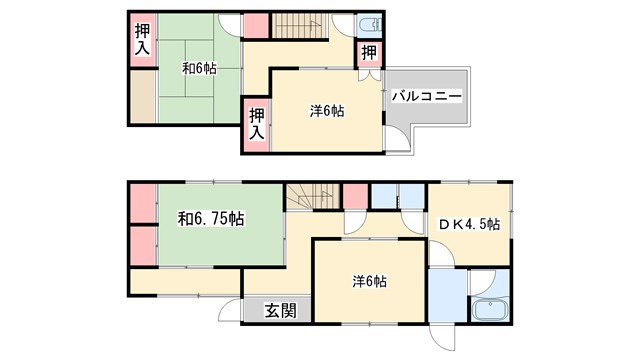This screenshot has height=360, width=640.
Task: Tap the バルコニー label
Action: point(426,97)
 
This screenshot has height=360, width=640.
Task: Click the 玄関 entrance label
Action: point(279,311)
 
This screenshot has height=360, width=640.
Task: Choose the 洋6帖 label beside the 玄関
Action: point(367,281)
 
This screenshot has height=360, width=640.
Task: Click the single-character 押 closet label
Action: point(369,52)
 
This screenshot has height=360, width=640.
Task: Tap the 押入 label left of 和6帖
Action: point(142,39)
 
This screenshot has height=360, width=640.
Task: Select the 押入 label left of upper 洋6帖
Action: point(257,123)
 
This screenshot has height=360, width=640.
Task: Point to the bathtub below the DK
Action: point(490,309)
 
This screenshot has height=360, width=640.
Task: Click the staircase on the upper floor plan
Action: point(296,24)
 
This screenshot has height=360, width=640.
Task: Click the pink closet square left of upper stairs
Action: point(256,24)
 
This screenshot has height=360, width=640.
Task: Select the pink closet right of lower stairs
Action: point(354,196)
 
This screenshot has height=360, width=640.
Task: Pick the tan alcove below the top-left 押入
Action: point(142,96)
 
